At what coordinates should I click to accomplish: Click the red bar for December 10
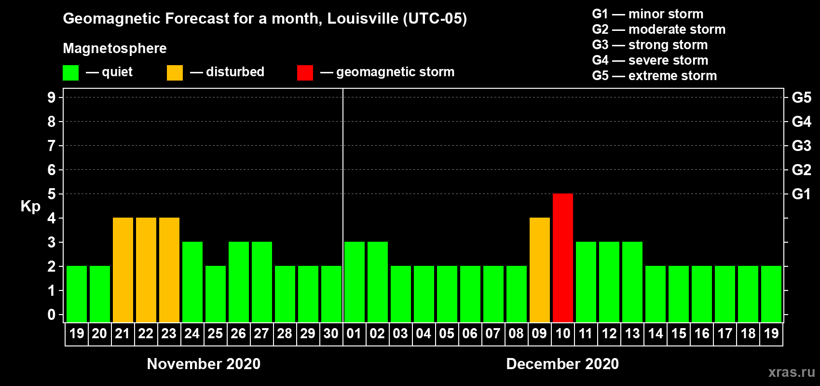563,258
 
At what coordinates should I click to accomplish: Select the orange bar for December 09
540,270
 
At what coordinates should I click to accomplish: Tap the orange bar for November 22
146,270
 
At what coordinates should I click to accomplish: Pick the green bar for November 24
192,282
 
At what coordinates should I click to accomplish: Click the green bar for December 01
355,282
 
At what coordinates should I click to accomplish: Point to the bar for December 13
632,282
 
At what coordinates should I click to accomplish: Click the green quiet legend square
71,73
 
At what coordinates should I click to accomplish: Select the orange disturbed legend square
175,73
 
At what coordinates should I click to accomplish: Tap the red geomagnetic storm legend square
305,73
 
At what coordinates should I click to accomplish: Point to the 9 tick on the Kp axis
52,97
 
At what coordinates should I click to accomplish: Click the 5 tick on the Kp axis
52,194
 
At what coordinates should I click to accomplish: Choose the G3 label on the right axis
801,146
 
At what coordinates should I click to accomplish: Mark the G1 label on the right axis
801,194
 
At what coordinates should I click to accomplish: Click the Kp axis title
30,207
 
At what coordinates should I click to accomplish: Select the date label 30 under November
331,333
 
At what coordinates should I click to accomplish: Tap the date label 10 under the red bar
563,333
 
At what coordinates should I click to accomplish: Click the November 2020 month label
204,364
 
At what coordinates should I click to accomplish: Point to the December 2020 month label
562,364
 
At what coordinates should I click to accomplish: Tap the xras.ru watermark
792,372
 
